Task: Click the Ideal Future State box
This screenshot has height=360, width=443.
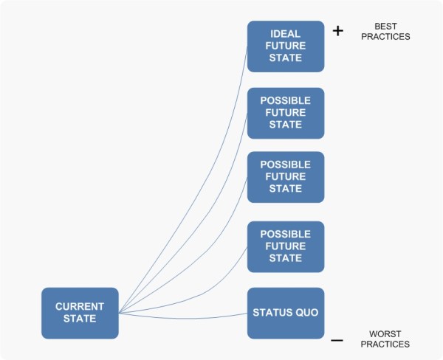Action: tap(285, 46)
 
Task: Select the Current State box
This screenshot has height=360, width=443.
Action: tap(80, 313)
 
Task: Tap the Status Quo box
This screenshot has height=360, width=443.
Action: tap(285, 313)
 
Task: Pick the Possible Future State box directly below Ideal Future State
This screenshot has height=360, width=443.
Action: tap(285, 113)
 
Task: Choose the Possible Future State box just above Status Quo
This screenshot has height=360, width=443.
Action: tap(285, 246)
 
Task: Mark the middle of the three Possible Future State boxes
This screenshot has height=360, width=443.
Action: tap(285, 177)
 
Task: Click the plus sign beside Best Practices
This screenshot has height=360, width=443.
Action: tap(338, 32)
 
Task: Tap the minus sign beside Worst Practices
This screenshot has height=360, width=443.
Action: tap(337, 340)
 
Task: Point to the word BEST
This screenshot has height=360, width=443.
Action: tap(385, 27)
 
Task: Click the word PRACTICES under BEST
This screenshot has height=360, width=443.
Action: tap(385, 36)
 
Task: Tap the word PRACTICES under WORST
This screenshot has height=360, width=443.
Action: tap(385, 344)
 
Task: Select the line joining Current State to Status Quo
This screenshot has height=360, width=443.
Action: tap(185, 317)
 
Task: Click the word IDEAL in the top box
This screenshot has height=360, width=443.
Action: tap(285, 33)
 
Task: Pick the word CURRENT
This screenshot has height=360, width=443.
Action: tap(80, 306)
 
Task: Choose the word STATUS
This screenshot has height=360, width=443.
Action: tap(273, 313)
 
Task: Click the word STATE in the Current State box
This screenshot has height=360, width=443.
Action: tap(80, 319)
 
